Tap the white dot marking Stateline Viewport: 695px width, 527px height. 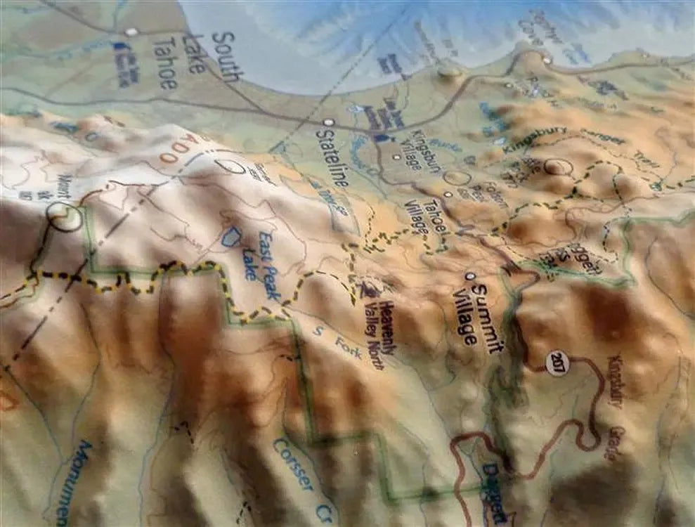click(x=327, y=122)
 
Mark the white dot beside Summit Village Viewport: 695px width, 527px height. click(x=469, y=276)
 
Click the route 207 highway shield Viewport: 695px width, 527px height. click(x=557, y=363)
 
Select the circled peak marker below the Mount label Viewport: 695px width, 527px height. click(x=65, y=217)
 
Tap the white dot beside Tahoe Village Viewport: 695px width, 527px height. click(x=448, y=194)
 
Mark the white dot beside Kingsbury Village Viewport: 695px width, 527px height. click(x=397, y=157)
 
